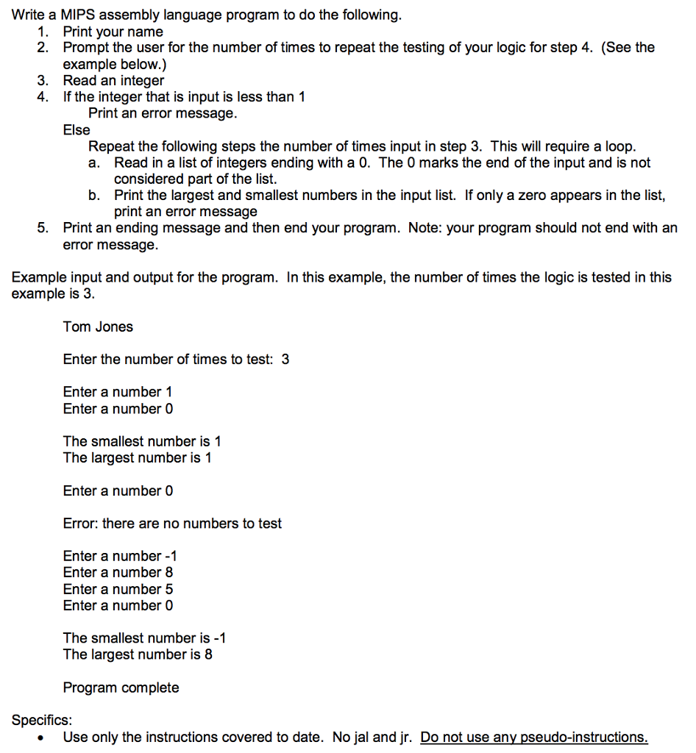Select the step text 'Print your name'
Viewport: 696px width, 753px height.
(x=113, y=32)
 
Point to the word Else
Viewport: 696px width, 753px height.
(x=77, y=130)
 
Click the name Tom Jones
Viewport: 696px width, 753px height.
(x=98, y=326)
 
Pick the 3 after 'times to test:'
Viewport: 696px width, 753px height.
(x=285, y=360)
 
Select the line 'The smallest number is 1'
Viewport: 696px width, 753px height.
(x=142, y=441)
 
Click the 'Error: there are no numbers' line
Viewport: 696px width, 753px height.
(x=172, y=524)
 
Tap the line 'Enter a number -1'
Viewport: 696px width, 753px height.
(x=120, y=556)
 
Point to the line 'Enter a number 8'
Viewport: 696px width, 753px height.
(x=118, y=572)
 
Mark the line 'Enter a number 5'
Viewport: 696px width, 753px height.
(x=118, y=589)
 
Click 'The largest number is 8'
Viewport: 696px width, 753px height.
(x=138, y=654)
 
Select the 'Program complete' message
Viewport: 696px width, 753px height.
(x=121, y=688)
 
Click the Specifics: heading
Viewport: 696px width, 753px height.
(x=42, y=720)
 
